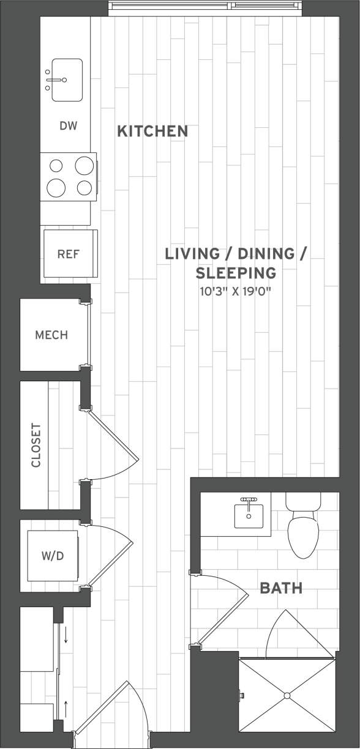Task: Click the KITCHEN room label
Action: (x=152, y=131)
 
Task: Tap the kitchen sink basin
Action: (x=67, y=80)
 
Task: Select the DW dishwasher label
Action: (x=68, y=126)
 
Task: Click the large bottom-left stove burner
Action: (x=56, y=187)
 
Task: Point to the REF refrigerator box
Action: (x=69, y=253)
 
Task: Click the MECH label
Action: (x=51, y=335)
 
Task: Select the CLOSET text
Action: (x=36, y=445)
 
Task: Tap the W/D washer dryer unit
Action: (x=52, y=556)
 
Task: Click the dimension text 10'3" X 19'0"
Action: (x=235, y=291)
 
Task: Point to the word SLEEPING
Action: (x=236, y=272)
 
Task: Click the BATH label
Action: (x=281, y=589)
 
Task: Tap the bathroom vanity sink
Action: (x=249, y=516)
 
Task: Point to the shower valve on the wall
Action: (x=242, y=695)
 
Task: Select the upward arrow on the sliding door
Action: (x=66, y=710)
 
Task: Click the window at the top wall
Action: (x=206, y=7)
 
